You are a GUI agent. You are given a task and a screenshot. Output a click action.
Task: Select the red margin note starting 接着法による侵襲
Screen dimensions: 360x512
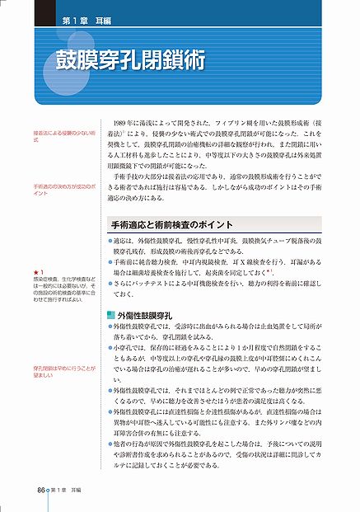click(63, 136)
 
